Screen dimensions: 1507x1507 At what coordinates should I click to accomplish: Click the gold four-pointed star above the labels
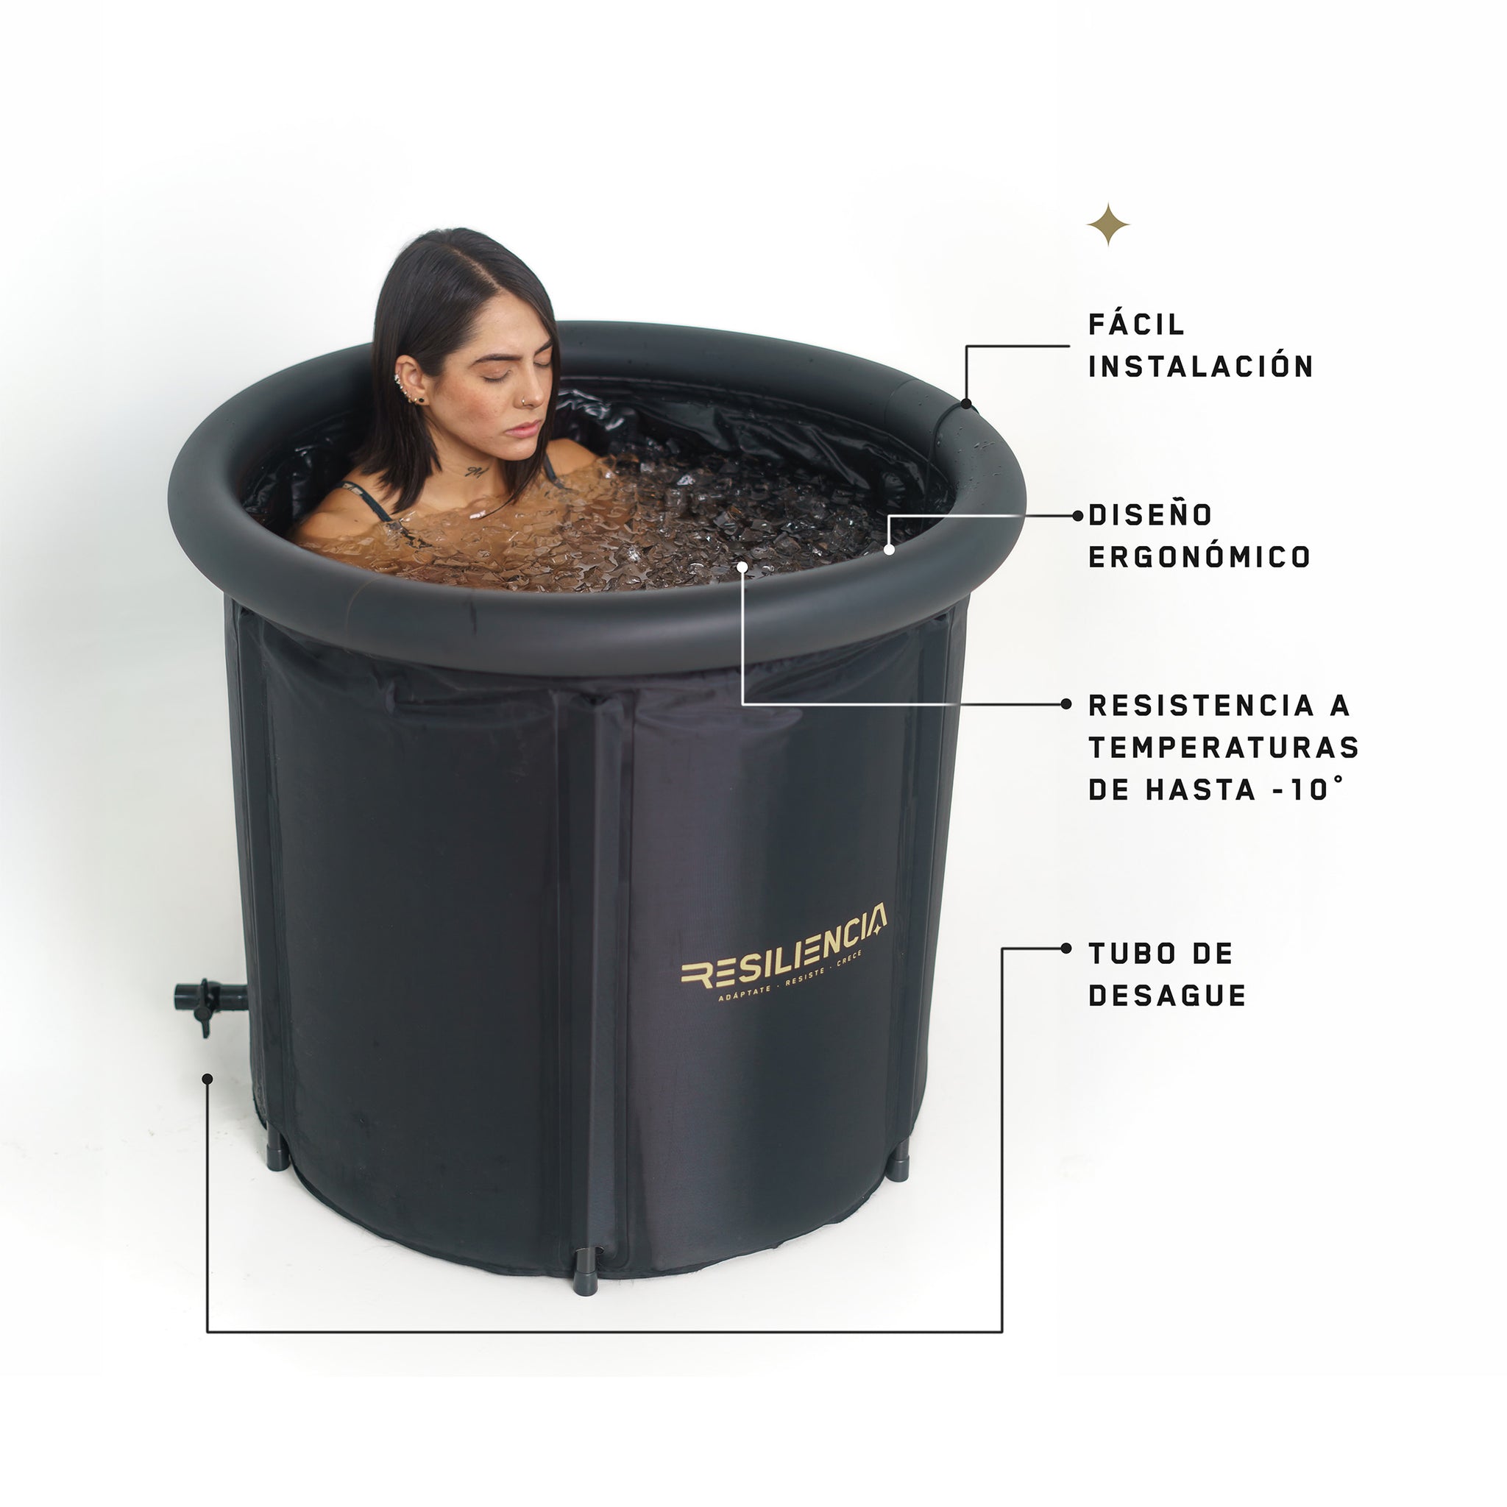(1108, 224)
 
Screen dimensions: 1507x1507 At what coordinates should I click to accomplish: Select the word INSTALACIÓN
(1201, 366)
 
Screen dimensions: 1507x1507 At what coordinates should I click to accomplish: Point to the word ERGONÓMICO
(1199, 557)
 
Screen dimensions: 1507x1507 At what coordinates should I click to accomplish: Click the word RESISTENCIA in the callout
(1202, 706)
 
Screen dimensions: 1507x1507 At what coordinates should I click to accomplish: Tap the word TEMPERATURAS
(1224, 748)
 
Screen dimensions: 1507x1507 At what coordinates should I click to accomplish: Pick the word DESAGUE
(1167, 996)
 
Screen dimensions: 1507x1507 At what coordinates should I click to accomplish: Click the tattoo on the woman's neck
(475, 472)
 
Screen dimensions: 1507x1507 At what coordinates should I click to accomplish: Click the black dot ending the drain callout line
(207, 1079)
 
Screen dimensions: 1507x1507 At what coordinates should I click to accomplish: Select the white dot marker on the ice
(742, 567)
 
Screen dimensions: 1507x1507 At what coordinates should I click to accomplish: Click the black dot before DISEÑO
(1078, 516)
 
